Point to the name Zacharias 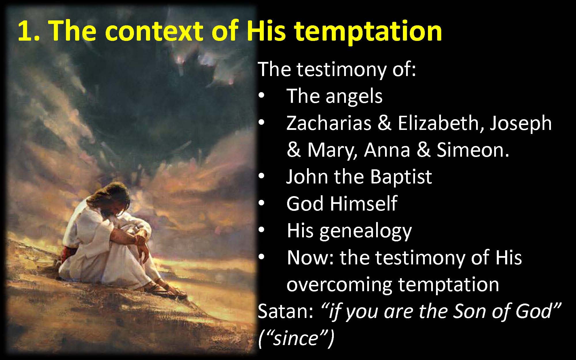328,123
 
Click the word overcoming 339,285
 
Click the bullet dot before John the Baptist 261,177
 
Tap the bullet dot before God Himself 261,204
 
